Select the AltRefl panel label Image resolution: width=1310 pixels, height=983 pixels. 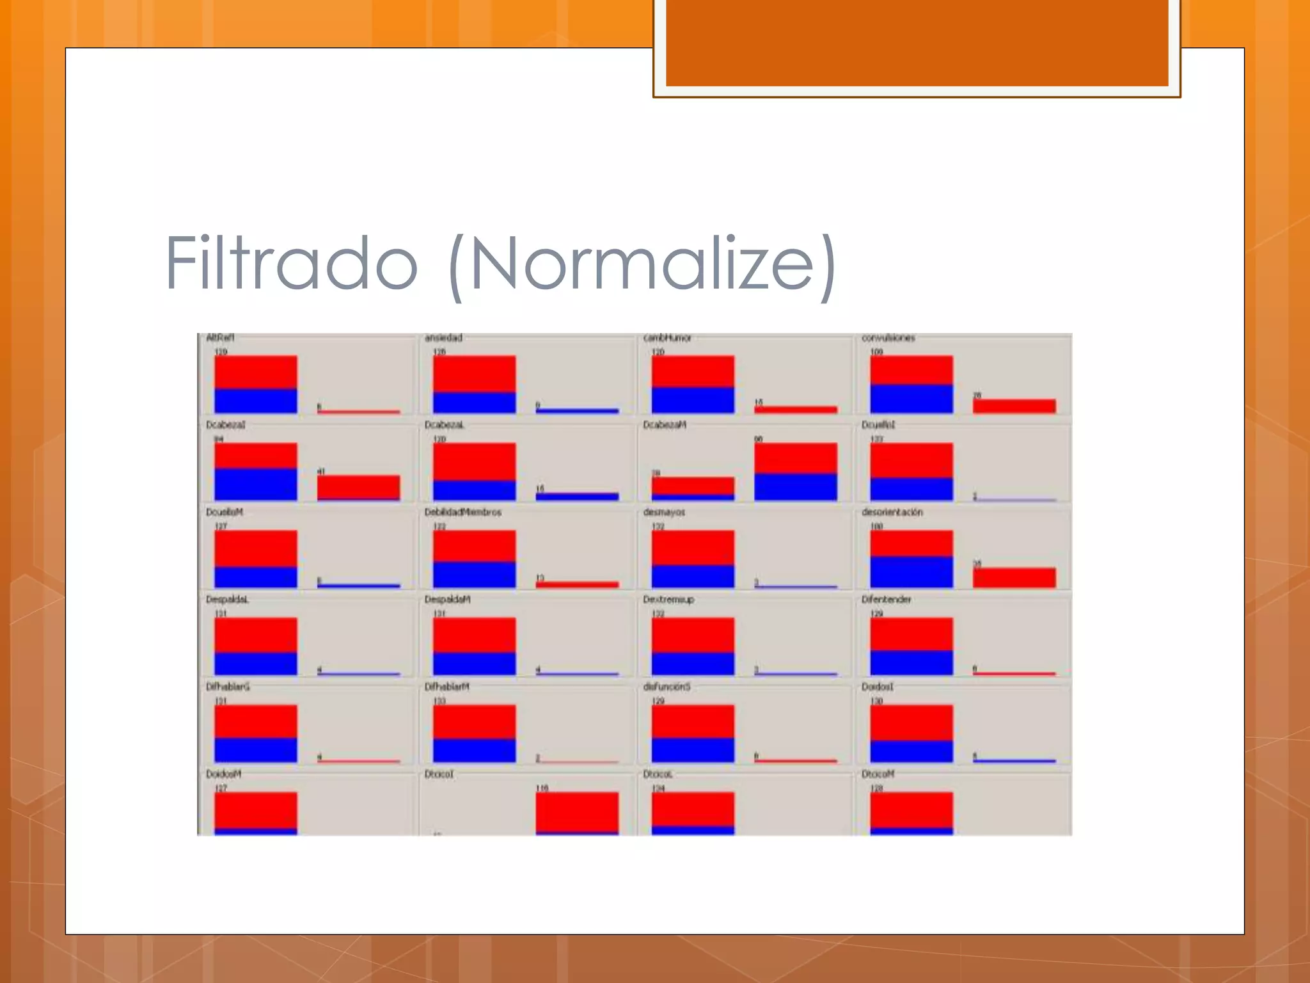[x=220, y=338]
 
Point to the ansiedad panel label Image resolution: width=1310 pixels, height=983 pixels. [x=443, y=338]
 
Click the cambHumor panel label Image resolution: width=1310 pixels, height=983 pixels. [x=667, y=338]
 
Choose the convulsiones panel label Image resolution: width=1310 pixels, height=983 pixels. [x=888, y=338]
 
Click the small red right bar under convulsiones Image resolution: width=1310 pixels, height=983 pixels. [x=1014, y=406]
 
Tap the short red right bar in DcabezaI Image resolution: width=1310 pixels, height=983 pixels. [x=358, y=487]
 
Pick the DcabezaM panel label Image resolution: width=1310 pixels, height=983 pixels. [x=665, y=425]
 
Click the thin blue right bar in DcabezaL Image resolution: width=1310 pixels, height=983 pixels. [x=577, y=496]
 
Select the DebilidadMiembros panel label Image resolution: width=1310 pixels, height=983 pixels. [x=462, y=512]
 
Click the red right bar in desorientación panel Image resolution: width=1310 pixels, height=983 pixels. [x=1014, y=577]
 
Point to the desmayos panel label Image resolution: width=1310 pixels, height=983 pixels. [x=664, y=512]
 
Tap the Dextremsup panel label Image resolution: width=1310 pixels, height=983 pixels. [x=668, y=600]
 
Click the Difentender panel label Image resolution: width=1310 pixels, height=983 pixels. [x=886, y=600]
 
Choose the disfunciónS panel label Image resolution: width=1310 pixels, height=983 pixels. [x=667, y=687]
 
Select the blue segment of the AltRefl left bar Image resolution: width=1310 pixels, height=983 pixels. [x=255, y=401]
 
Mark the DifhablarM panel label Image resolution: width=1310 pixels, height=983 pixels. [x=446, y=687]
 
